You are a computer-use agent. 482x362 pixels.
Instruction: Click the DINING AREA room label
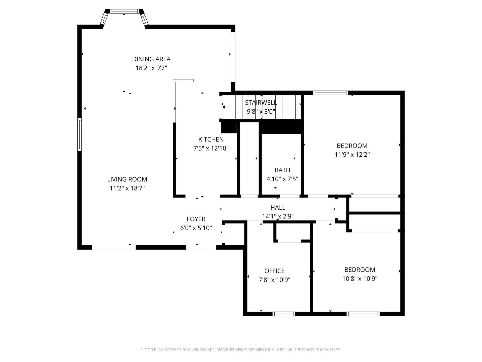click(x=151, y=59)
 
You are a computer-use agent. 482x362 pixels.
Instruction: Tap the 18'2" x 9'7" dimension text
click(x=151, y=68)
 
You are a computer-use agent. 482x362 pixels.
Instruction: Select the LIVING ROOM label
click(x=127, y=179)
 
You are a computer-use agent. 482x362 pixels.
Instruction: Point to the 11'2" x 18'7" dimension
click(x=127, y=188)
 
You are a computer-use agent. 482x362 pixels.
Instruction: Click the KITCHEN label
click(x=211, y=140)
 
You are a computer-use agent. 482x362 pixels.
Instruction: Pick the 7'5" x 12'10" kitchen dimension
click(x=211, y=148)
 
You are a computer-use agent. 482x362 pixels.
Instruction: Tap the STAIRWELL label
click(x=261, y=103)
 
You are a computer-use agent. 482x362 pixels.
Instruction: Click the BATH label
click(x=282, y=170)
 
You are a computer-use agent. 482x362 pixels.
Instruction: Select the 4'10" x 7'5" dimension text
click(x=282, y=179)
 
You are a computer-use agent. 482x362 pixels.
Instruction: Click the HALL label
click(x=278, y=208)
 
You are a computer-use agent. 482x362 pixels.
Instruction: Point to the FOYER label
click(x=196, y=219)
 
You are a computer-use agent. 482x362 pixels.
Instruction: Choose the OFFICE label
click(x=274, y=271)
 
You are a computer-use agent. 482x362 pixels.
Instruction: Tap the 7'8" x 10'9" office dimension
click(x=274, y=280)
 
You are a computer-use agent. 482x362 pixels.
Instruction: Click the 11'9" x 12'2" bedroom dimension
click(x=352, y=155)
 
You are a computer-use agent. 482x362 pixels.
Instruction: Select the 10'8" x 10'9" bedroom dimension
click(x=360, y=279)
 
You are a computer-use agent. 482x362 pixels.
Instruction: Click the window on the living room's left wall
click(x=79, y=134)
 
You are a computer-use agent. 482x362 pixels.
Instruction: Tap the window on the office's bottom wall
click(x=284, y=314)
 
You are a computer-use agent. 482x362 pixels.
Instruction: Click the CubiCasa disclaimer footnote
click(x=241, y=350)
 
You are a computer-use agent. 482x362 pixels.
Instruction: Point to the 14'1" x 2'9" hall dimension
click(x=278, y=216)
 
